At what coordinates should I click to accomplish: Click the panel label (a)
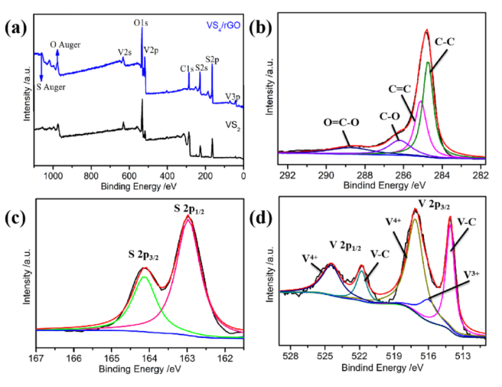pyautogui.click(x=17, y=31)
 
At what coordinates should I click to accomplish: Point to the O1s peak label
pyautogui.click(x=141, y=24)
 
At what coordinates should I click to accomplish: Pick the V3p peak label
pyautogui.click(x=233, y=97)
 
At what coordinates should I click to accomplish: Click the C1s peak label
pyautogui.click(x=186, y=69)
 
